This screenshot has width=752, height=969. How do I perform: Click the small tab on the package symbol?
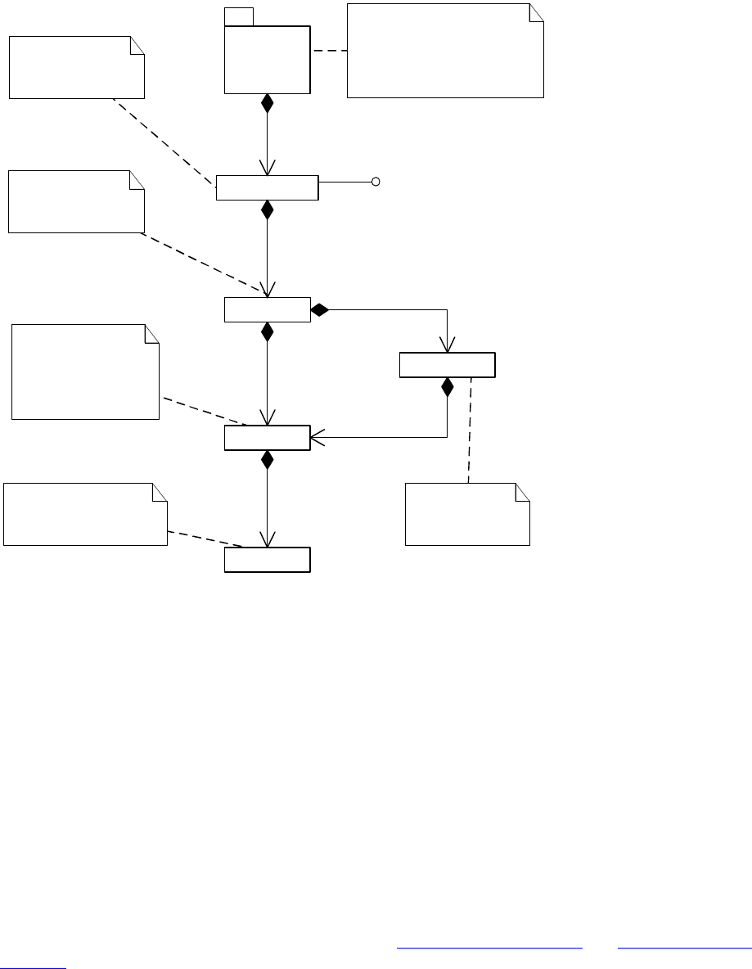239,16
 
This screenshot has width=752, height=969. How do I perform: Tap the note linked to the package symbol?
445,51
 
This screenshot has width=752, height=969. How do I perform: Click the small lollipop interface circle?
376,181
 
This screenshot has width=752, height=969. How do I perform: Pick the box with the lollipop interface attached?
267,187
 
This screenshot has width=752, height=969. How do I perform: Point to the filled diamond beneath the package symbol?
267,104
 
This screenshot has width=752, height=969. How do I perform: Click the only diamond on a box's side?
320,310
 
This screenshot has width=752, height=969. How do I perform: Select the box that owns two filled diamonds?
267,309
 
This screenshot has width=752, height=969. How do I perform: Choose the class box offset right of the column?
447,365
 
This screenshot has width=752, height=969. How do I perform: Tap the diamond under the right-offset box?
447,387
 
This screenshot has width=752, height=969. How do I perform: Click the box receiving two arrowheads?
267,438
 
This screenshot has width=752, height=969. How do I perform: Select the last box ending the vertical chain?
267,560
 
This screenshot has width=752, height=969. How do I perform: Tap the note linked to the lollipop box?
77,67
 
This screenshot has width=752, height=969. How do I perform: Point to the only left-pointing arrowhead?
317,438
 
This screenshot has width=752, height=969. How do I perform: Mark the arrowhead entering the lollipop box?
267,168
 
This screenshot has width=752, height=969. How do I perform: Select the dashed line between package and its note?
329,51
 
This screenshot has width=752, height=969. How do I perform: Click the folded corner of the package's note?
537,11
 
